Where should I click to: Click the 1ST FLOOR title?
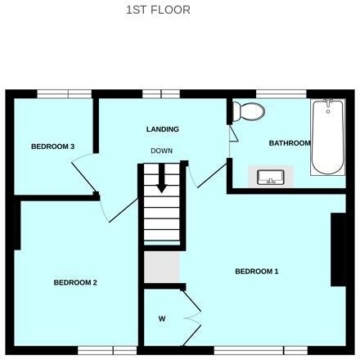coord(158,10)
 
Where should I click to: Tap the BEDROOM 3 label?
coord(53,146)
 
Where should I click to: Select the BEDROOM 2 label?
coord(75,283)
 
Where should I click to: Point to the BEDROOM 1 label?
coord(257,272)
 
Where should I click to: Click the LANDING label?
coord(162,129)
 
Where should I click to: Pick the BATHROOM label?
coord(290,143)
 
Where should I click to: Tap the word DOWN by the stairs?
coord(161,151)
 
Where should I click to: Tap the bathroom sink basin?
coord(269,177)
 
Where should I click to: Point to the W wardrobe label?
coord(162,319)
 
